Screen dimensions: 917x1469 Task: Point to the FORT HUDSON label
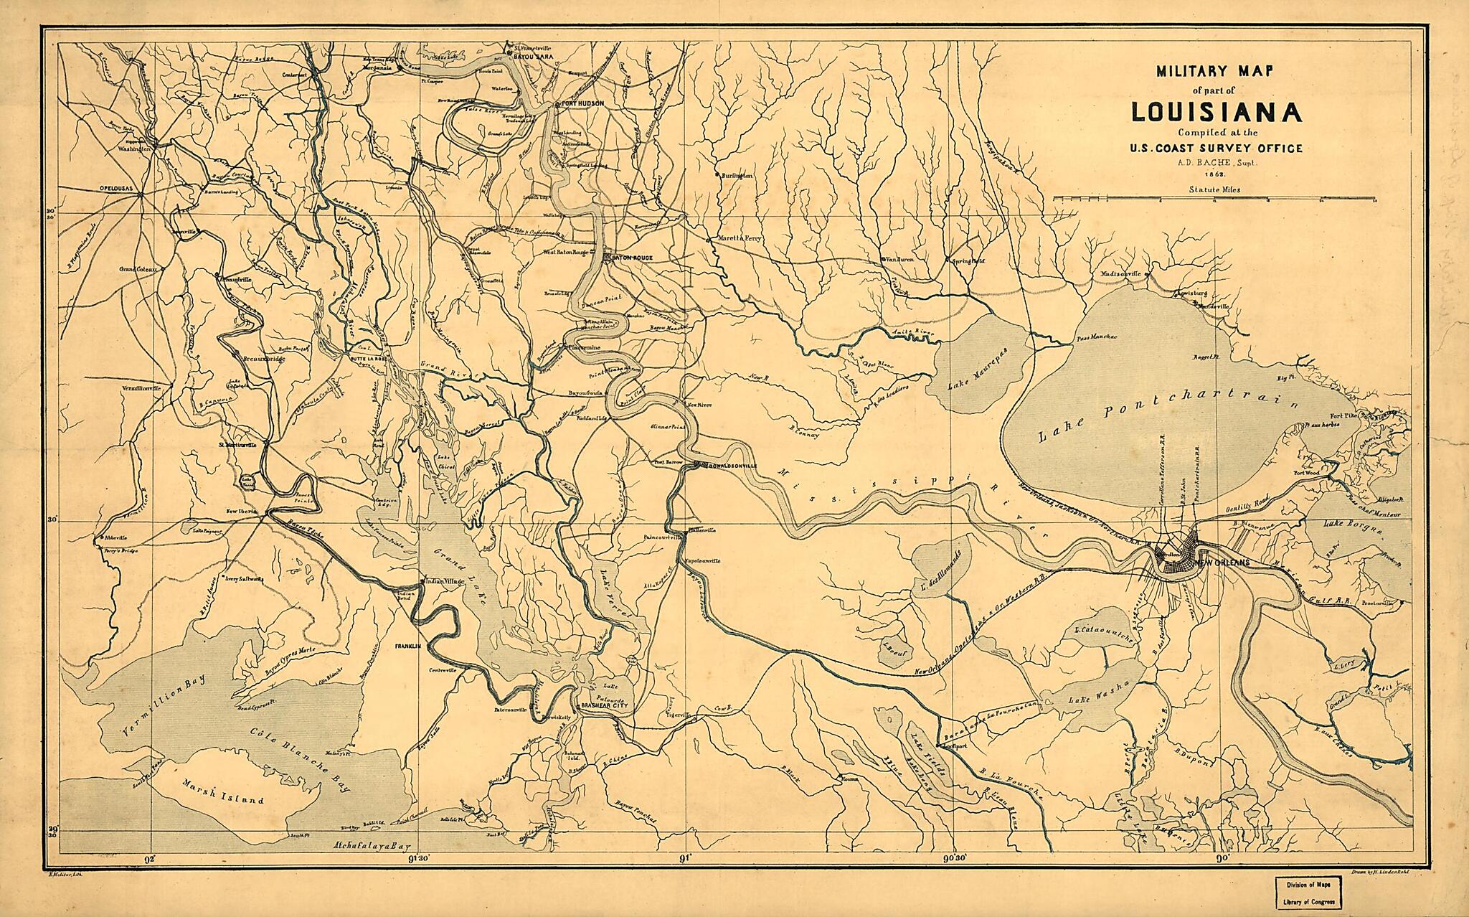(583, 104)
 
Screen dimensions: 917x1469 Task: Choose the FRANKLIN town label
(407, 646)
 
